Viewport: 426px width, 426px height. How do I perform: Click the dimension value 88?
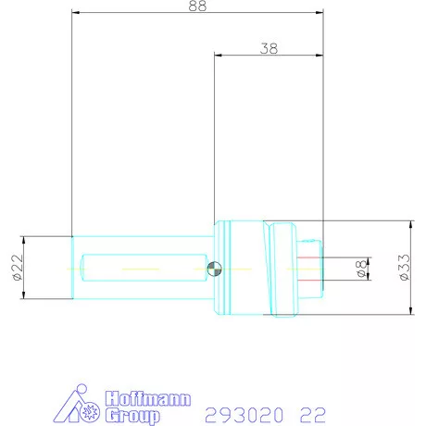pyautogui.click(x=196, y=6)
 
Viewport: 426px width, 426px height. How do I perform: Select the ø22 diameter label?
pyautogui.click(x=17, y=268)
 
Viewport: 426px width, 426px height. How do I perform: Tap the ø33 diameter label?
pyautogui.click(x=404, y=268)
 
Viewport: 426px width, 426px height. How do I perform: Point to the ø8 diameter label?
pyautogui.click(x=362, y=269)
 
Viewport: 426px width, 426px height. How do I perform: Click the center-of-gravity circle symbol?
pyautogui.click(x=215, y=269)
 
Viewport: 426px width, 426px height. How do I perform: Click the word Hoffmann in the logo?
pyautogui.click(x=149, y=399)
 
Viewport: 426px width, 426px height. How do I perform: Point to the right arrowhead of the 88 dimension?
pyautogui.click(x=319, y=13)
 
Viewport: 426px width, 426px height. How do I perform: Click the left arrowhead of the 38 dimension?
pyautogui.click(x=219, y=55)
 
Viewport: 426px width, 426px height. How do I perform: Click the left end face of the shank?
pyautogui.click(x=73, y=268)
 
